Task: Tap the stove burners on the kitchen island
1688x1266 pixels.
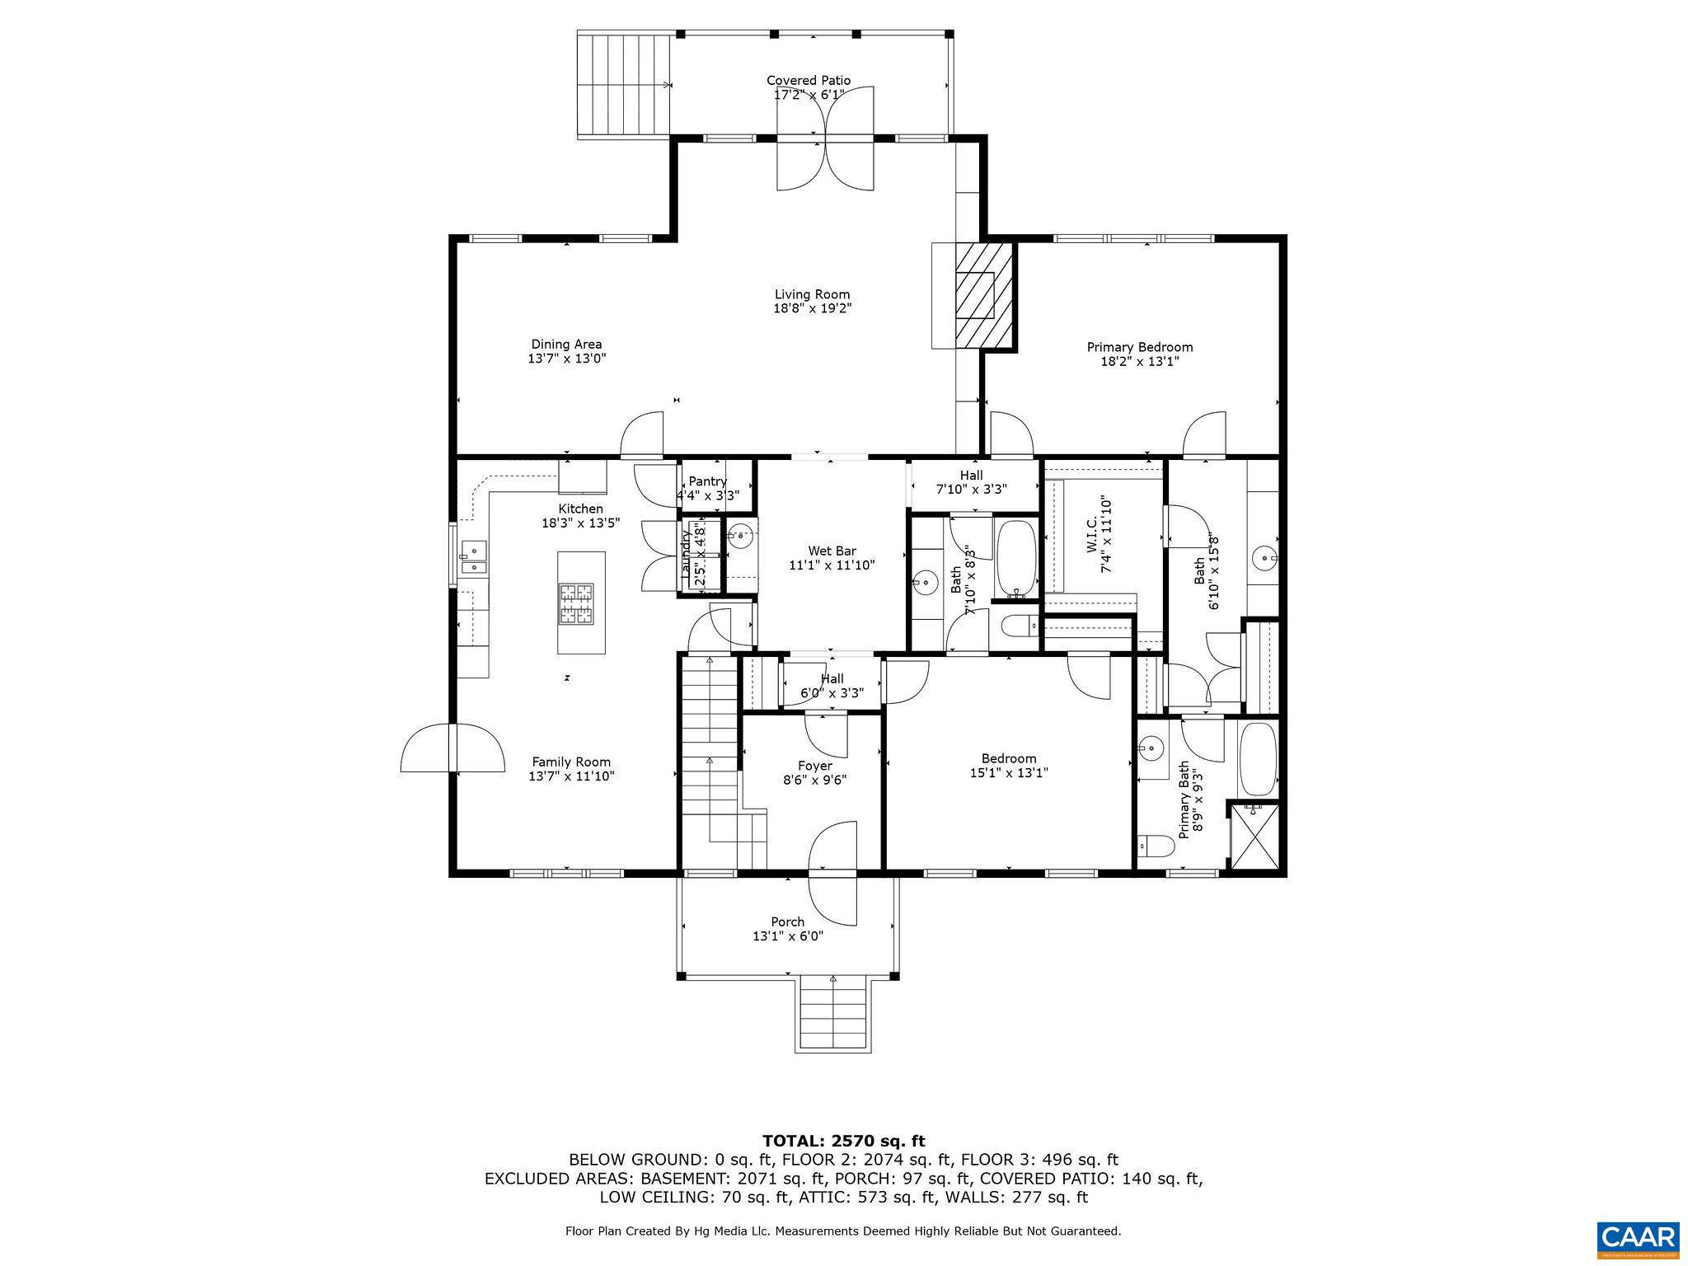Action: point(576,603)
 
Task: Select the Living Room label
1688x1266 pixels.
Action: point(812,294)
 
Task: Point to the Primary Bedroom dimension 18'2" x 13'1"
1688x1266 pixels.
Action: point(1139,361)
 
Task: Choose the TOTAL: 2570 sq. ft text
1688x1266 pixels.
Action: point(843,1141)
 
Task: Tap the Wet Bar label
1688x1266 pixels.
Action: point(831,551)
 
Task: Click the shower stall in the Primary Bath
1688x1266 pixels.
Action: point(1254,836)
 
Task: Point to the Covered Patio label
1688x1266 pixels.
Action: point(808,80)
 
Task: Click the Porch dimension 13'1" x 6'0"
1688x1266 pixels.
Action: point(787,936)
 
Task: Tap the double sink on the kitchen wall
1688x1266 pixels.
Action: point(473,557)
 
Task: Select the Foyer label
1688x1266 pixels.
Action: point(814,766)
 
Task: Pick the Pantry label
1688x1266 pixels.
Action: point(707,481)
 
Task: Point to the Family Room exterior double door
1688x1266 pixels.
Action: point(452,748)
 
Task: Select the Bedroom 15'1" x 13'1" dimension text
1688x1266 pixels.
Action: point(1008,773)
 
